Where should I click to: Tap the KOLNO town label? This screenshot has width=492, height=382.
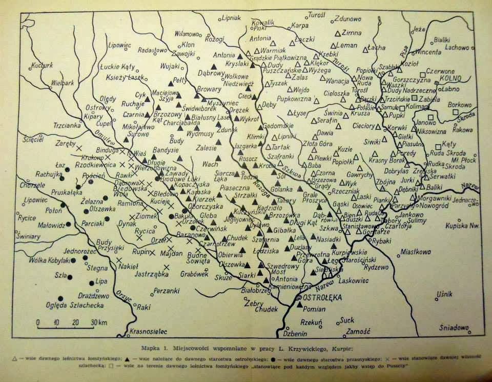(451, 78)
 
